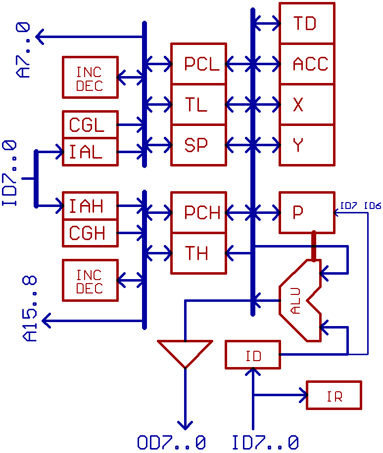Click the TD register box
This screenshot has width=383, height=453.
coord(307,23)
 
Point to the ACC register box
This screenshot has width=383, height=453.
coord(307,64)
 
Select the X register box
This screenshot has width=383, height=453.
coord(307,104)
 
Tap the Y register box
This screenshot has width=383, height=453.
coord(307,145)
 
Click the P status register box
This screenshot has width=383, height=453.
coord(307,212)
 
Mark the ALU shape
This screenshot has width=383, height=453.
coord(297,301)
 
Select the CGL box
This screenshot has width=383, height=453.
coord(90,125)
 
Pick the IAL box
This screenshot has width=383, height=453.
coord(90,152)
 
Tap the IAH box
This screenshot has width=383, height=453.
coord(90,206)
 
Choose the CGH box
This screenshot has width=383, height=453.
coord(90,233)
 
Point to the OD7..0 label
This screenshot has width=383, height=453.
coord(171,443)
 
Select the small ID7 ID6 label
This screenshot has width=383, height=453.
coord(360,206)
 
